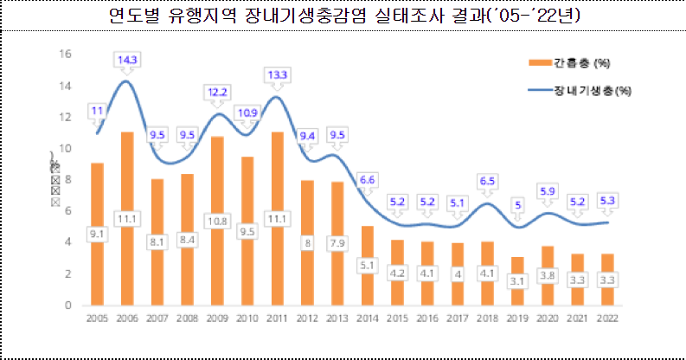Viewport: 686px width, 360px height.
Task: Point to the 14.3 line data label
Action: point(126,60)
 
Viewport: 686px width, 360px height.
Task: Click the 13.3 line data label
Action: point(277,75)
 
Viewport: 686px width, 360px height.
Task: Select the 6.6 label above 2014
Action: point(367,179)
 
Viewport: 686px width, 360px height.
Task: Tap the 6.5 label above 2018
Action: point(486,181)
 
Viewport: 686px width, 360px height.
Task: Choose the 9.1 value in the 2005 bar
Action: point(97,233)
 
